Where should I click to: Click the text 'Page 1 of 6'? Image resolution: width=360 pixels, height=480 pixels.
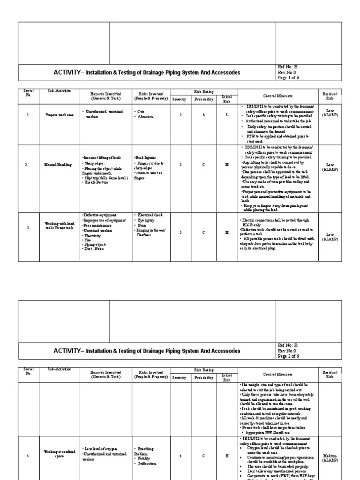pos(288,78)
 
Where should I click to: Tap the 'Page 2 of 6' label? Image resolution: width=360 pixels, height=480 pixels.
pos(288,357)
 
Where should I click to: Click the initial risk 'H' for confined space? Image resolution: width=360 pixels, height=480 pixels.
pos(226,454)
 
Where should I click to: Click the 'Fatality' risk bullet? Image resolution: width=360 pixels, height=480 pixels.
pos(145,458)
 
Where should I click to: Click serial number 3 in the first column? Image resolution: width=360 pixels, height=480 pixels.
pos(28,228)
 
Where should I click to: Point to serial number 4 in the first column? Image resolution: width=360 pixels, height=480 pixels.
pos(28,454)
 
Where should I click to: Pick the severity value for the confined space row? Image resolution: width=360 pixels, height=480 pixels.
pos(180,454)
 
